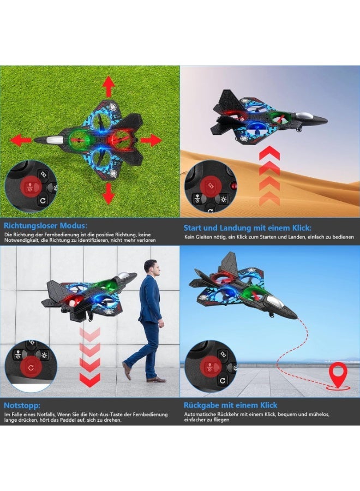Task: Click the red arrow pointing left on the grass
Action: [x=22, y=140]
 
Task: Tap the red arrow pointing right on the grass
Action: [x=151, y=140]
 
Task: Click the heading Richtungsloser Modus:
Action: [x=46, y=226]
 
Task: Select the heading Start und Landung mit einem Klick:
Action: [x=247, y=227]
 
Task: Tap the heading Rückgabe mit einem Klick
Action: [x=230, y=405]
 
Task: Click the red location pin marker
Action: [x=339, y=374]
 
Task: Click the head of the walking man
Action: [x=152, y=266]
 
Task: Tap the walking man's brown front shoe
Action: [x=127, y=370]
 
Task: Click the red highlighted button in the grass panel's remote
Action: [x=31, y=187]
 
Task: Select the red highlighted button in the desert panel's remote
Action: [x=211, y=185]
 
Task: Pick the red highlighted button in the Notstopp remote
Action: [x=31, y=368]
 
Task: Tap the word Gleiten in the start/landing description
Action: [x=203, y=237]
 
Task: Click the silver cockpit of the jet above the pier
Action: [x=275, y=301]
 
